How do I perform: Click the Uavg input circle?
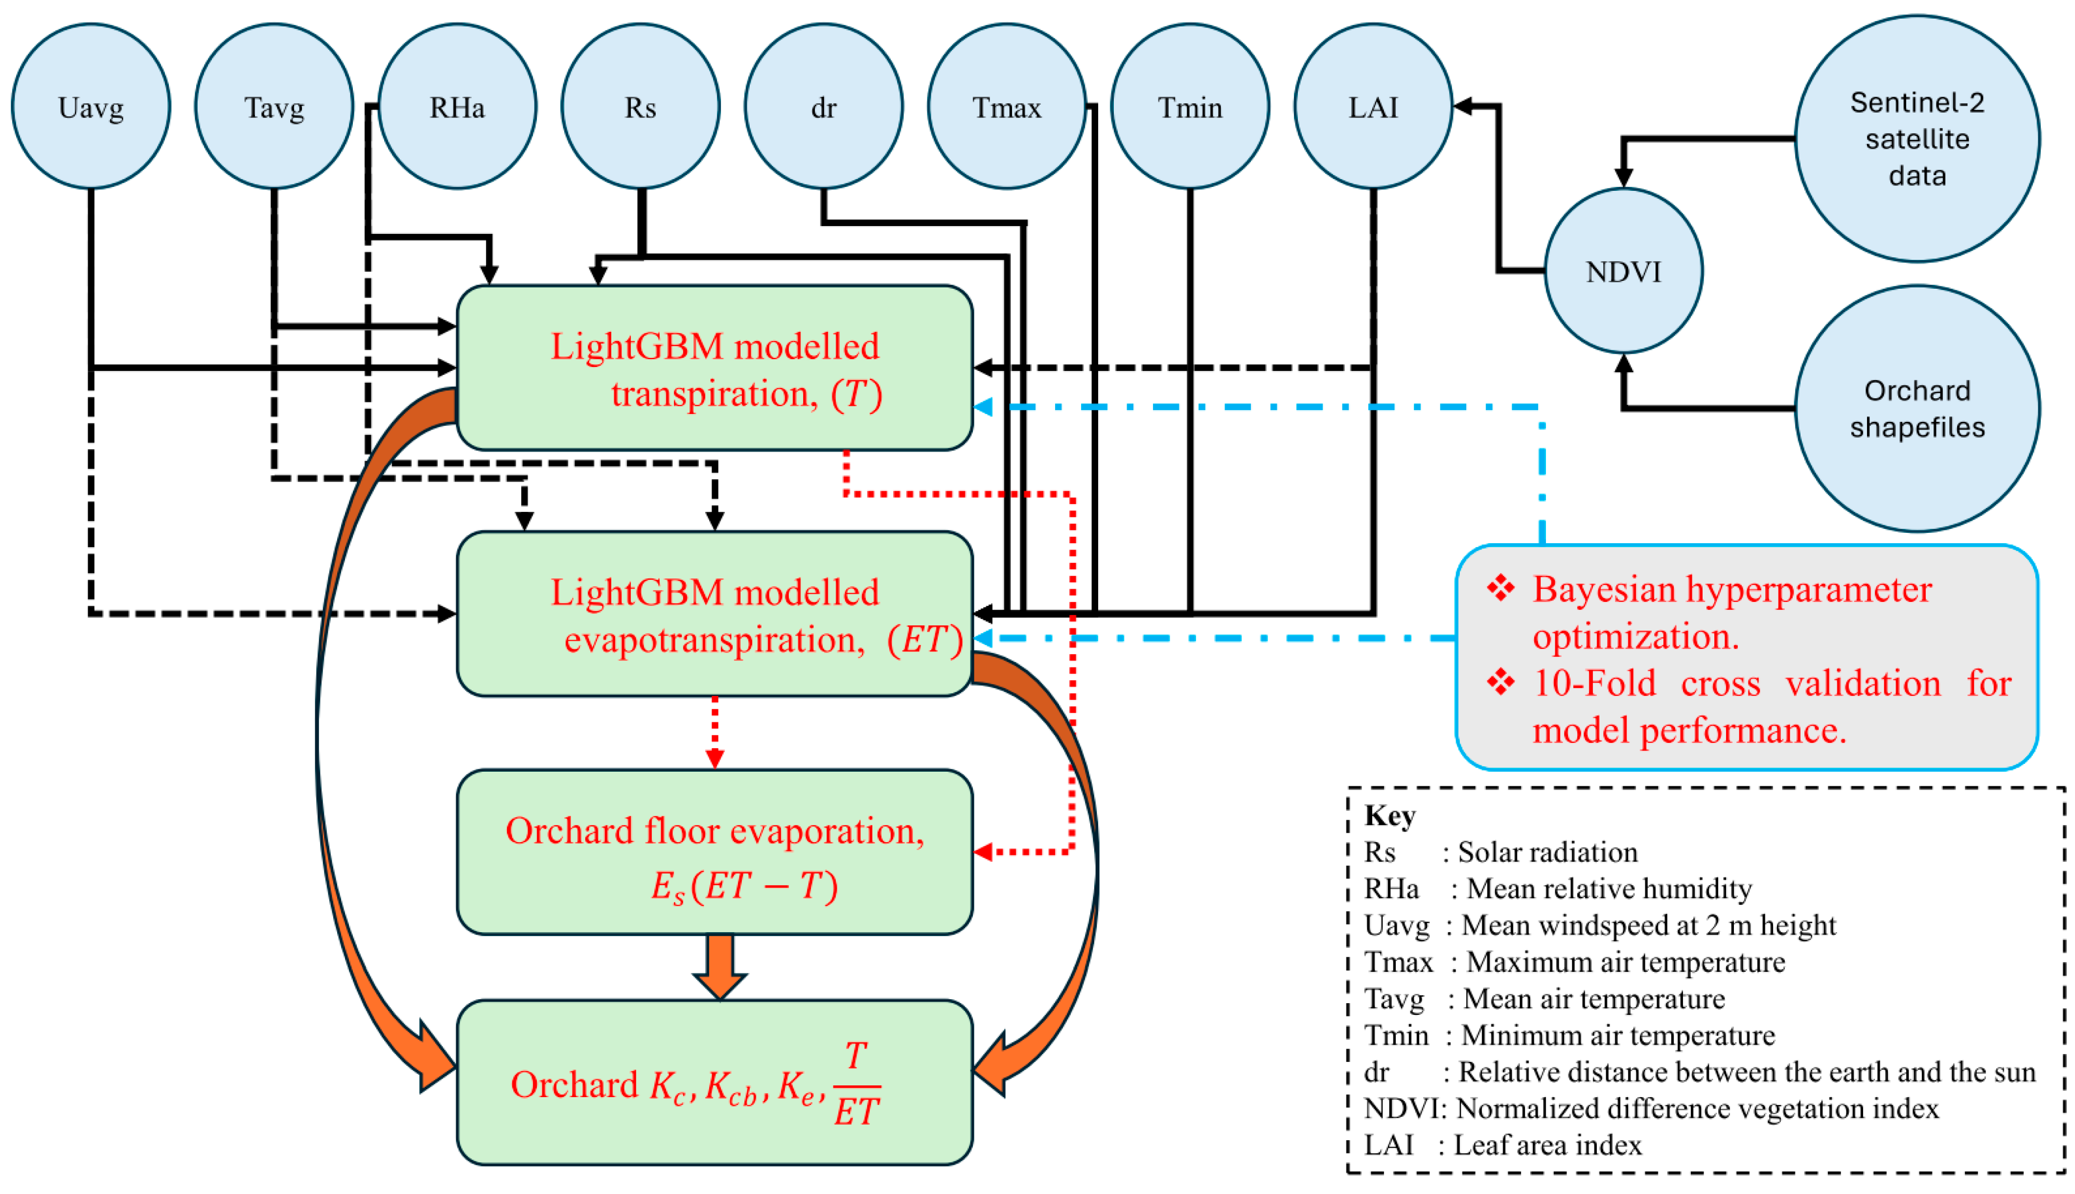click(91, 107)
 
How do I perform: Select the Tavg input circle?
click(274, 107)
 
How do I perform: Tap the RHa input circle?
click(458, 107)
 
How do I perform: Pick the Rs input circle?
click(641, 107)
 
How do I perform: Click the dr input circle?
click(824, 107)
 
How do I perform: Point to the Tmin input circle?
click(1190, 107)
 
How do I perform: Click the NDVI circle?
click(1623, 271)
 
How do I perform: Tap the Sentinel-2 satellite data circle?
click(1917, 138)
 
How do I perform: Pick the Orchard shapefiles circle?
click(1917, 409)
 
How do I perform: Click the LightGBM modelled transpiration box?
click(715, 368)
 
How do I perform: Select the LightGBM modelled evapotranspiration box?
click(715, 614)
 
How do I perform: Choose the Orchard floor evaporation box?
click(715, 852)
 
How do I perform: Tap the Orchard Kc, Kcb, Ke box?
click(715, 1082)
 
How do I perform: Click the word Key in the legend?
click(1389, 815)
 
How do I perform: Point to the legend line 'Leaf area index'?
click(1547, 1145)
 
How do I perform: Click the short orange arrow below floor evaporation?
click(719, 967)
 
